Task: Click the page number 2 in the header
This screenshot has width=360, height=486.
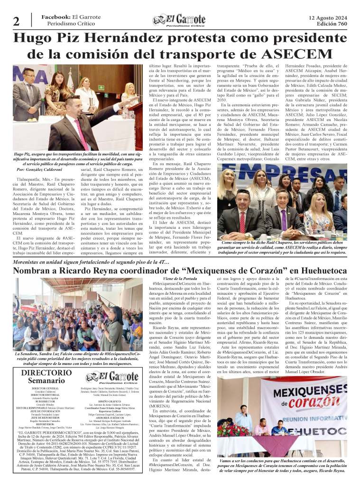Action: [x=16, y=22]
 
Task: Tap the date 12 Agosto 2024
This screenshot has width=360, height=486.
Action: [x=327, y=17]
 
